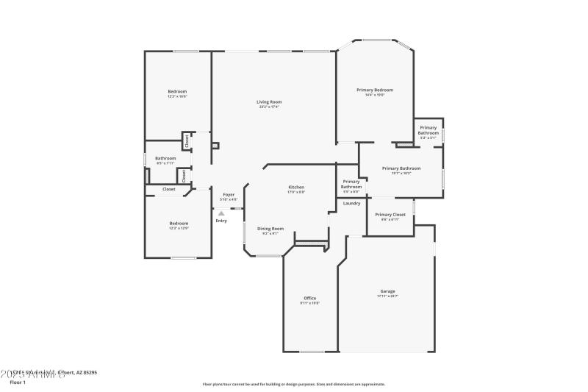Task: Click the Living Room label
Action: tap(269, 101)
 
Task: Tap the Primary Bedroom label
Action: tap(370, 90)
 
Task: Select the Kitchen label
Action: tap(296, 187)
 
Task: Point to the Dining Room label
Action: tap(268, 228)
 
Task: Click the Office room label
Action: tap(309, 298)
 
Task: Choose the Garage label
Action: tap(387, 291)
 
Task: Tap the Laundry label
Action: tap(351, 203)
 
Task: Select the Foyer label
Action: tap(229, 194)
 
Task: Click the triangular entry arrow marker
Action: tap(220, 213)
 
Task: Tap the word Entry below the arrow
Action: tap(221, 221)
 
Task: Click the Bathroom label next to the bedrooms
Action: tap(165, 158)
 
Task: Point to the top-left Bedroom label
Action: tap(177, 91)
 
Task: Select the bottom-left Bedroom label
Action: tap(179, 223)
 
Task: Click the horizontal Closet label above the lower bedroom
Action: tap(169, 189)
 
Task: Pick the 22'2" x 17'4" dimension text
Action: tap(269, 107)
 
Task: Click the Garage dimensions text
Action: tap(387, 296)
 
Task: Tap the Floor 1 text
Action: tap(18, 382)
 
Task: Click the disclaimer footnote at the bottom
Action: tap(294, 384)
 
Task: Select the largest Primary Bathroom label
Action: tap(401, 168)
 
